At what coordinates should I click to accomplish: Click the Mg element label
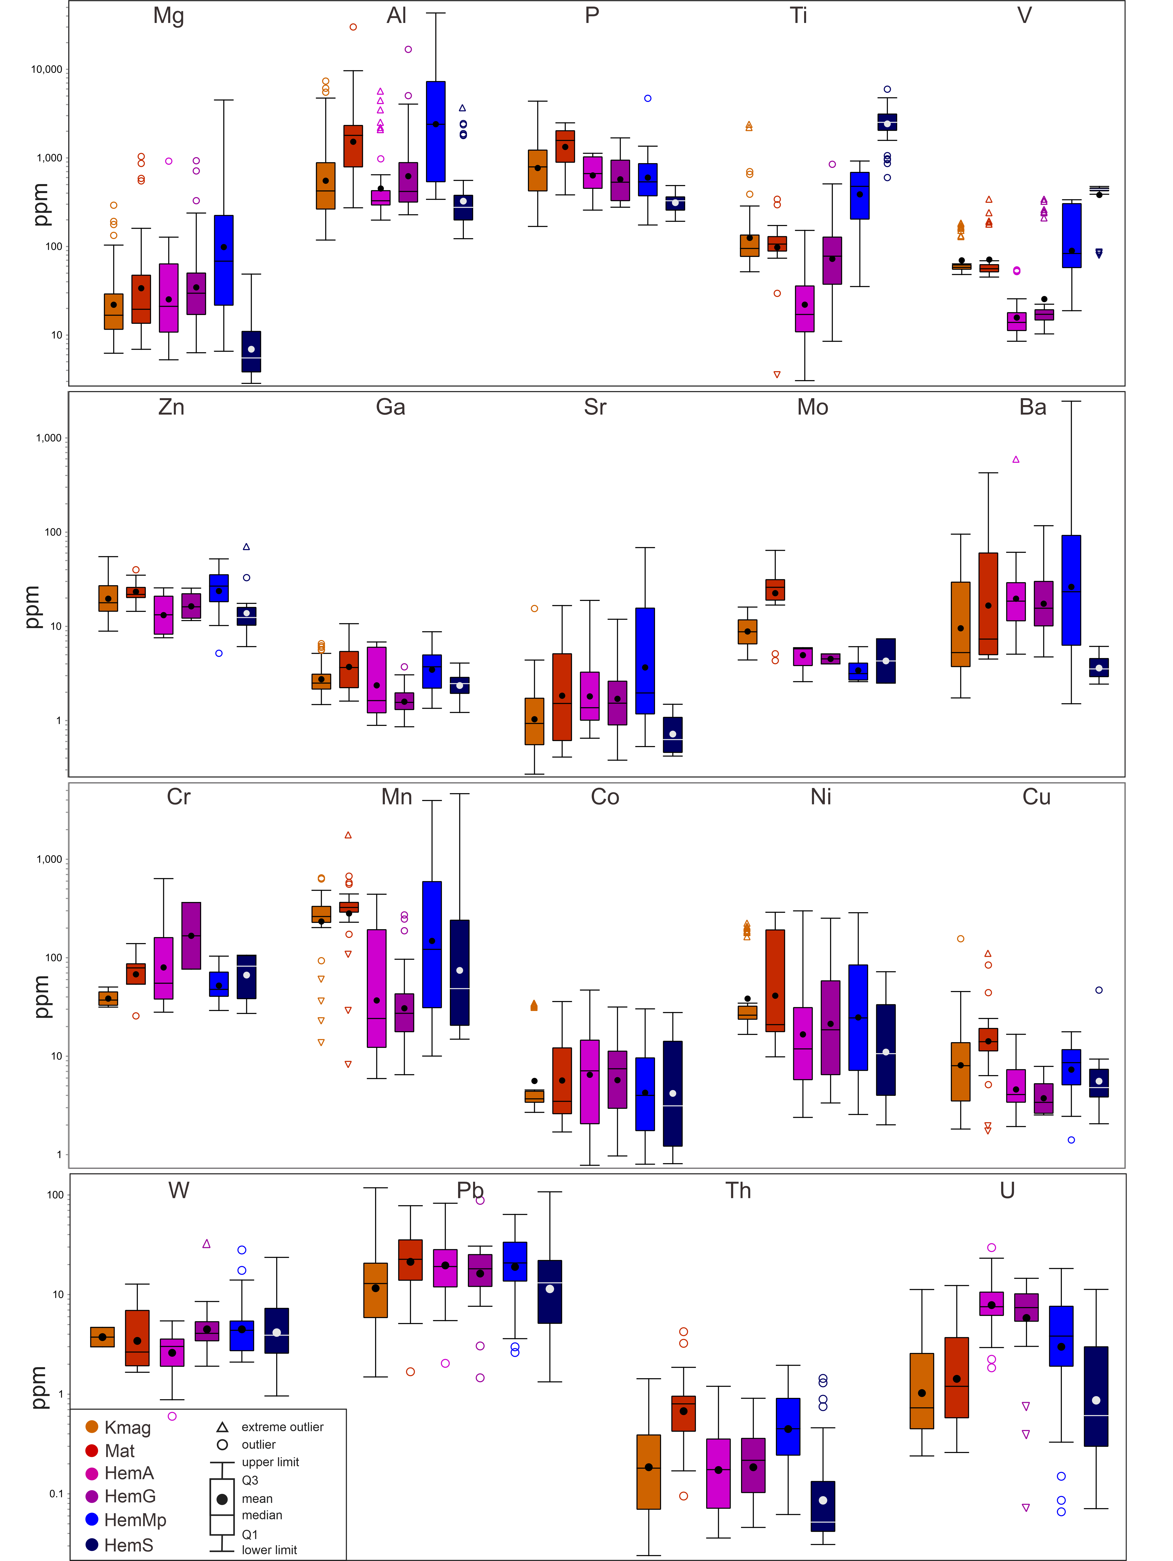(x=168, y=15)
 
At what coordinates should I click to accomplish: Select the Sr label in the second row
(x=595, y=407)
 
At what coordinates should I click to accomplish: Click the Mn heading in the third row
(x=396, y=797)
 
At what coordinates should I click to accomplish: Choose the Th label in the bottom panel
(x=738, y=1191)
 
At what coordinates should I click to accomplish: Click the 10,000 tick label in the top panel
(x=47, y=69)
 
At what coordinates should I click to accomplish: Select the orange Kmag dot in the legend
(x=92, y=1426)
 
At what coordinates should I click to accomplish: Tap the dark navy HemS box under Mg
(x=251, y=351)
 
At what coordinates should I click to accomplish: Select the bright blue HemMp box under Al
(x=436, y=131)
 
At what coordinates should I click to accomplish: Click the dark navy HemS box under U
(x=1095, y=1396)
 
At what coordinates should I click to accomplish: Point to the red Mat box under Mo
(x=775, y=590)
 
